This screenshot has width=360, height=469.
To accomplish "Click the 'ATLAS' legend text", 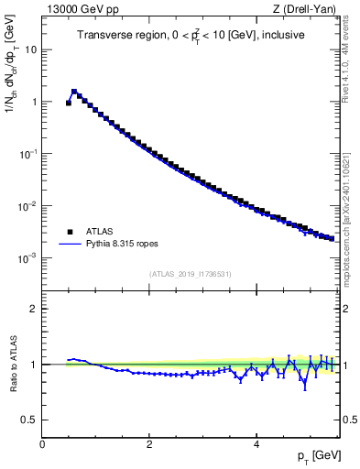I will click(99, 232).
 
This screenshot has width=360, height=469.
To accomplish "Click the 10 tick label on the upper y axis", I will click(30, 49).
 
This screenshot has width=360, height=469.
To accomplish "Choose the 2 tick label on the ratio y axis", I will click(33, 309).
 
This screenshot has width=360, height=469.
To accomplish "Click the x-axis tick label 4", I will click(256, 444).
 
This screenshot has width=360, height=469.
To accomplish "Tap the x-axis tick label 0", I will click(43, 444).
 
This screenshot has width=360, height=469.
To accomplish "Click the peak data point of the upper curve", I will click(74, 92).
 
